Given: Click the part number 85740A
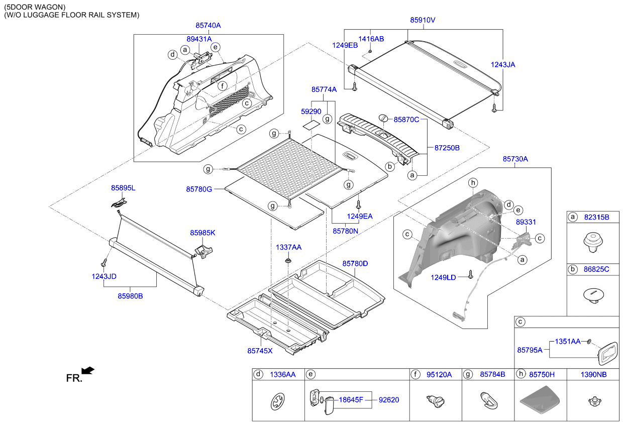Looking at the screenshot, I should tap(208, 25).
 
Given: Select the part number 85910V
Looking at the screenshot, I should tap(422, 20).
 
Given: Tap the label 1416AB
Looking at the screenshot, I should tap(371, 39).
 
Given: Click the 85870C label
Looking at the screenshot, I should tap(406, 120).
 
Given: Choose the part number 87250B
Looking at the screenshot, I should tap(447, 148).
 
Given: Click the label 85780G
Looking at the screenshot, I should tap(198, 189).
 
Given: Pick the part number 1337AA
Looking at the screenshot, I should tap(288, 247).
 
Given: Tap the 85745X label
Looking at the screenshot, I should tap(260, 351).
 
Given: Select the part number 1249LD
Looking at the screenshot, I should tap(443, 277).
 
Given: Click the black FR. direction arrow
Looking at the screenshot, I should tap(88, 371).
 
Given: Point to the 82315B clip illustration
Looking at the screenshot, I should tap(593, 242).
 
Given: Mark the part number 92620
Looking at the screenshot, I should tap(388, 400).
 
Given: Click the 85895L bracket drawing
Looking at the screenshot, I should tap(119, 202).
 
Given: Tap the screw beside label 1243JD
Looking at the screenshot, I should tap(103, 262).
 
